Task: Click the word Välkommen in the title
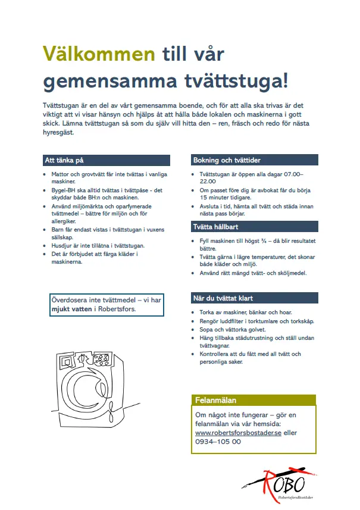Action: click(99, 55)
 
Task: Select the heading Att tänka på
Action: click(64, 160)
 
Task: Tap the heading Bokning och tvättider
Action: click(227, 160)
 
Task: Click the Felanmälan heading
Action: click(215, 401)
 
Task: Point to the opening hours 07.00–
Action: click(289, 174)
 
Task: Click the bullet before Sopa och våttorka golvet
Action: click(193, 329)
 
